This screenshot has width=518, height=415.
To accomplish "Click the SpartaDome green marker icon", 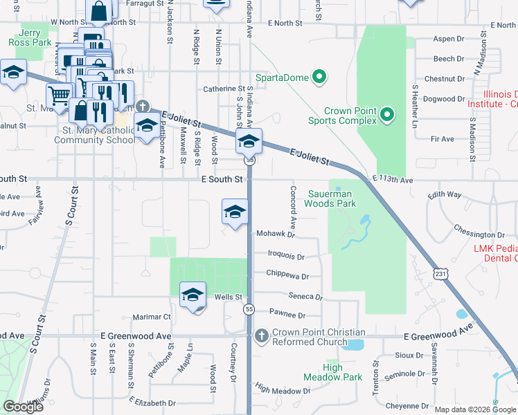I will point(319,77).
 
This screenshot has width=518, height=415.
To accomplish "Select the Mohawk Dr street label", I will point(276,234).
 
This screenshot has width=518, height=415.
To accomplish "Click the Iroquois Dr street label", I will point(286,256).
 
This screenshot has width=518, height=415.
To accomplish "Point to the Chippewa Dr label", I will point(287,275).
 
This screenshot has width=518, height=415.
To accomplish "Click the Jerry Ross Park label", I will point(31,37).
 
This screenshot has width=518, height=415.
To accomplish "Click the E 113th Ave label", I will point(392,180).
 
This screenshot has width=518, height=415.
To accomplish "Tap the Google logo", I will point(23,407).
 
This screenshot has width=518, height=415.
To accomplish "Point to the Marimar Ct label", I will point(152,317).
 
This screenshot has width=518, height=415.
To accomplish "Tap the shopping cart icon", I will point(60,95).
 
